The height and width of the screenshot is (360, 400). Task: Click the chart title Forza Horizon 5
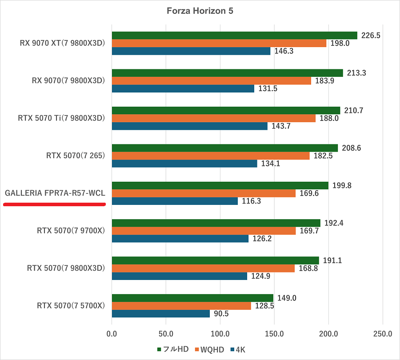[200, 11]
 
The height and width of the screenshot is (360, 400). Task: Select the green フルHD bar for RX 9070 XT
[234, 36]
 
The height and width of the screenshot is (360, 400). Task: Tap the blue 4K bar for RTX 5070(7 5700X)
[160, 314]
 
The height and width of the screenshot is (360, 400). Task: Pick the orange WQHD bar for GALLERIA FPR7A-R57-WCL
[204, 193]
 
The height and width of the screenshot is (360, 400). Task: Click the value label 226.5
[371, 36]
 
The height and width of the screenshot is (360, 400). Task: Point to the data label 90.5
[222, 314]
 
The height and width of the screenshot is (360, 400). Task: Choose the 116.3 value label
[251, 201]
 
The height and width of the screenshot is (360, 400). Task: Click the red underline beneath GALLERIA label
[54, 204]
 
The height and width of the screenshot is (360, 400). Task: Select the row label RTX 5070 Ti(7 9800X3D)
[61, 118]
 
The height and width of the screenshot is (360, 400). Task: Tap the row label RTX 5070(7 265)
[75, 156]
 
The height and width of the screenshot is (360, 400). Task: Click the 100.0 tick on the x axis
[220, 333]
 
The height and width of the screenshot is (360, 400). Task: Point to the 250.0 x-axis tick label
[383, 333]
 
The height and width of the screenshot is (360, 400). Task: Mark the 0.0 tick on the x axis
[112, 333]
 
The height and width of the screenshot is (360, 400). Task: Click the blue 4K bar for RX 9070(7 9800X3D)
[183, 88]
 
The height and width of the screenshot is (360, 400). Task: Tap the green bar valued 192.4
[216, 223]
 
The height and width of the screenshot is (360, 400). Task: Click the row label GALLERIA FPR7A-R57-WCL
[55, 193]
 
